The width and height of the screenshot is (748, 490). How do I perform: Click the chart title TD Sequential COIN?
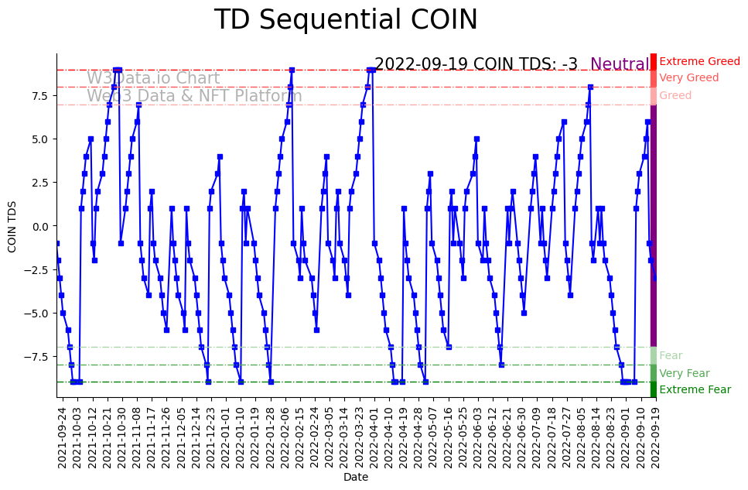pos(346,20)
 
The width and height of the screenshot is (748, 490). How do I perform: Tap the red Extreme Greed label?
pos(699,61)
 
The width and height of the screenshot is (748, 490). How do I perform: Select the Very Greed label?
pos(688,78)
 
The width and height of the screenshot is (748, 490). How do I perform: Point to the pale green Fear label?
pos(670,356)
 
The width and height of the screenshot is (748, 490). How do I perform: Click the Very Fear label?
pos(684,373)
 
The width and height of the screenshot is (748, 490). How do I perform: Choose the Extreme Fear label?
pos(695,390)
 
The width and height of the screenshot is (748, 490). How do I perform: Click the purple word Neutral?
pos(620,65)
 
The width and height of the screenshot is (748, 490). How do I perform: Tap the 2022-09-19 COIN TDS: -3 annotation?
pos(476,65)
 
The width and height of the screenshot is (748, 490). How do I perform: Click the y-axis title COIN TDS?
pos(12,226)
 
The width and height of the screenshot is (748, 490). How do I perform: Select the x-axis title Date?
pos(356,478)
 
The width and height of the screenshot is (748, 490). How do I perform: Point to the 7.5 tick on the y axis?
pos(39,96)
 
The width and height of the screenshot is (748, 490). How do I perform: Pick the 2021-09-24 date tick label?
pos(62,437)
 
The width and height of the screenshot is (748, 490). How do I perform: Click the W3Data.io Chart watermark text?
pos(153,79)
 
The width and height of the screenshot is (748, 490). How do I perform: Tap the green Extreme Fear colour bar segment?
pos(653,389)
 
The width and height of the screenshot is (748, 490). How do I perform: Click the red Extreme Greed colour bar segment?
pos(653,61)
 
